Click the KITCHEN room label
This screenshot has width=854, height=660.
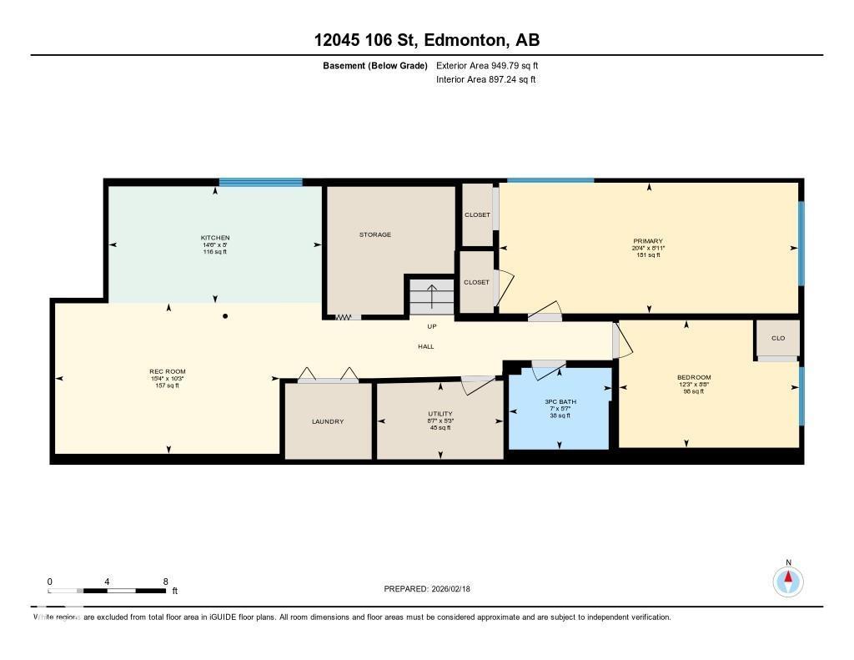[x=214, y=238]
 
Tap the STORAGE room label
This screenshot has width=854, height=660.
[x=375, y=234]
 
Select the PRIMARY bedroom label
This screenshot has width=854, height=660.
[x=648, y=241]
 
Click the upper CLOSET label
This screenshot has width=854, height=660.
[x=476, y=215]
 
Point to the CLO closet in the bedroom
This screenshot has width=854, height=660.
[x=777, y=338]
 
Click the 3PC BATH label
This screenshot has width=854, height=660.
[x=560, y=401]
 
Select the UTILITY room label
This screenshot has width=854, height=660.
[x=440, y=414]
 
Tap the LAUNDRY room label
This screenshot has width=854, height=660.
[x=328, y=421]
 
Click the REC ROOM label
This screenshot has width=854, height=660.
[x=168, y=371]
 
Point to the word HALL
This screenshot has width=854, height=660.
[x=426, y=346]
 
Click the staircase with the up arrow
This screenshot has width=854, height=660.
[x=431, y=297]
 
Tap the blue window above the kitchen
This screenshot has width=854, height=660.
[x=260, y=182]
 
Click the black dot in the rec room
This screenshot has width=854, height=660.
[x=225, y=316]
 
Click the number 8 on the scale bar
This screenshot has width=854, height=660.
[x=165, y=582]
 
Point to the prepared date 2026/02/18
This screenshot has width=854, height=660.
[x=456, y=589]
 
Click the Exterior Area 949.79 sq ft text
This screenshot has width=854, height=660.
[x=492, y=65]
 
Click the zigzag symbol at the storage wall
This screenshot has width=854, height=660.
[x=343, y=317]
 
